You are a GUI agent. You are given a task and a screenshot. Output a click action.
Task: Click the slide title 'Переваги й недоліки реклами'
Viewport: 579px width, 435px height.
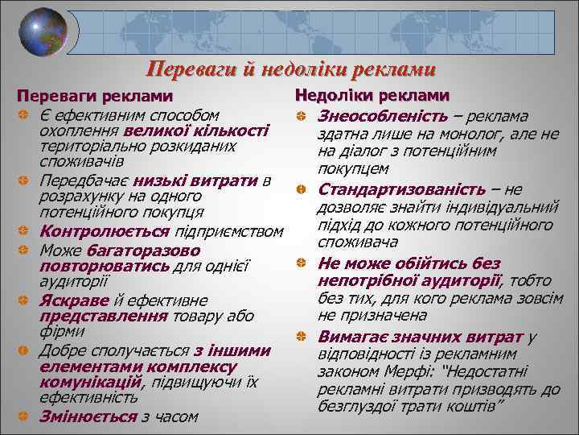pos(291,69)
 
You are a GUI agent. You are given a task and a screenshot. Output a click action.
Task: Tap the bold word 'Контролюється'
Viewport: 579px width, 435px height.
pos(90,232)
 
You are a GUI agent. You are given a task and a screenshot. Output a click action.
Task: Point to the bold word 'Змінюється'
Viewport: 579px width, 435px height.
pos(88,416)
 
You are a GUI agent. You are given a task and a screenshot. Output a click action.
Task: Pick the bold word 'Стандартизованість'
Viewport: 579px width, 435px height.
pos(402,189)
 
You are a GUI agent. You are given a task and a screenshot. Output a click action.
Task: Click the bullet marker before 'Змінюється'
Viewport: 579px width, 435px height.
pos(24,416)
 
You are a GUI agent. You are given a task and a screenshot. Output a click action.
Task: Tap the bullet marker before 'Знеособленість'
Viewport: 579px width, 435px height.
pos(300,118)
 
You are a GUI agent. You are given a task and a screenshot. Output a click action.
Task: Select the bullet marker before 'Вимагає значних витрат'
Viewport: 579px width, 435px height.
pos(300,336)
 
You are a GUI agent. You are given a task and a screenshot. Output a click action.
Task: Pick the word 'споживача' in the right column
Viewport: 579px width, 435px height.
pos(359,242)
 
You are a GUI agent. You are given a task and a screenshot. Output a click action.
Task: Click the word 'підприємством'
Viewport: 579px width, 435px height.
pos(238,232)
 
